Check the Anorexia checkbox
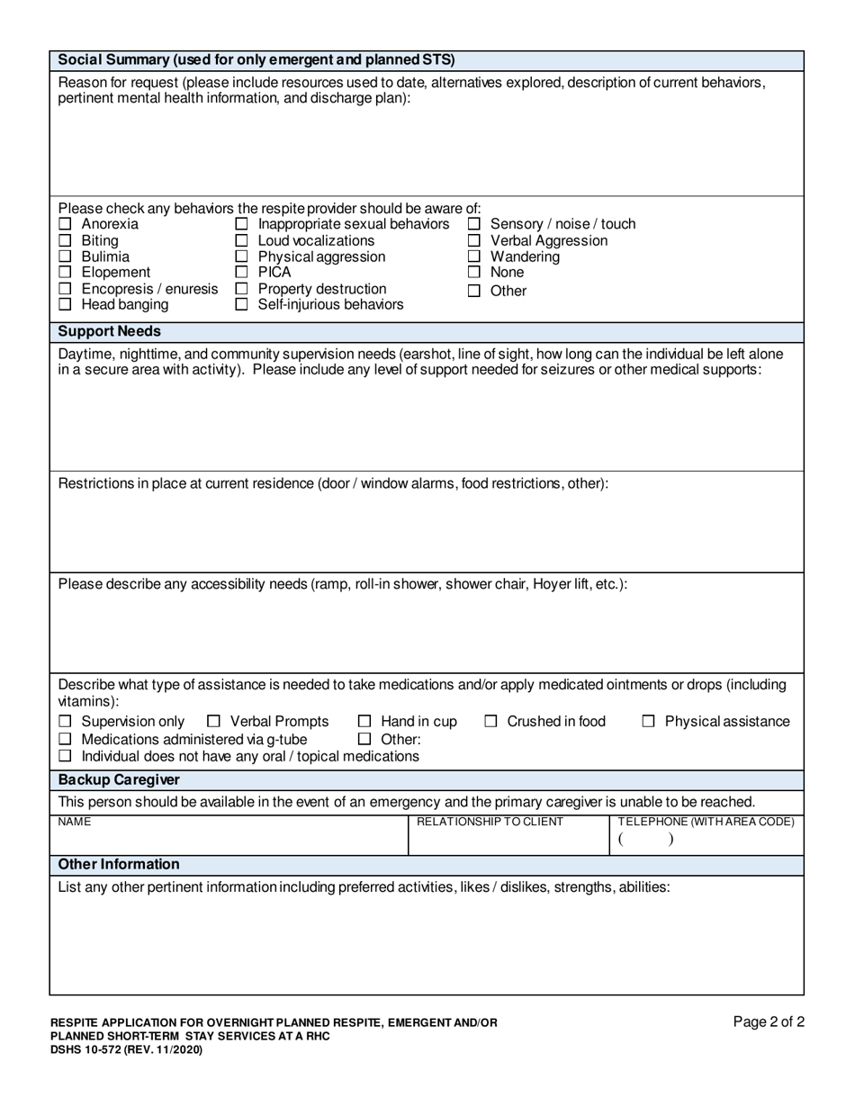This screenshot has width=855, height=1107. (x=65, y=224)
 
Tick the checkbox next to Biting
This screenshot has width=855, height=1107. (x=65, y=241)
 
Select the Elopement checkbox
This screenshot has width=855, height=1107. (x=65, y=273)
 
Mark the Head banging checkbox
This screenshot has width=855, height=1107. (x=65, y=305)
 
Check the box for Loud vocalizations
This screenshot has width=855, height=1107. (x=241, y=241)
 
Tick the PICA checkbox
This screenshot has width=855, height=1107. (x=241, y=273)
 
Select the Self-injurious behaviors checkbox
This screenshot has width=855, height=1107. (x=241, y=305)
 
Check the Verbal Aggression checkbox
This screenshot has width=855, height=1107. (x=474, y=241)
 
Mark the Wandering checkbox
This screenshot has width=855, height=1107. (x=474, y=257)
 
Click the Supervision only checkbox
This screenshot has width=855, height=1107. (x=65, y=722)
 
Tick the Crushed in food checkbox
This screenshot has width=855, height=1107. (x=491, y=722)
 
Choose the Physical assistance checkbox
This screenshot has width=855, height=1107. (x=649, y=722)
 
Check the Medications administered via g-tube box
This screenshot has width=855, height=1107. (x=65, y=739)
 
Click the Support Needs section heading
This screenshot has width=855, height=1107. (x=110, y=331)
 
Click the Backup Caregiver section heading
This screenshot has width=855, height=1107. (x=119, y=779)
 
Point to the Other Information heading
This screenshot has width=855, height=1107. (x=119, y=864)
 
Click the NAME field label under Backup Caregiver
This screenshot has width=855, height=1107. (x=74, y=822)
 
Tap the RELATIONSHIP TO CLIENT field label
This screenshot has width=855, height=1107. (x=490, y=822)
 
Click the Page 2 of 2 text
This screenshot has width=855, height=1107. (x=768, y=1021)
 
